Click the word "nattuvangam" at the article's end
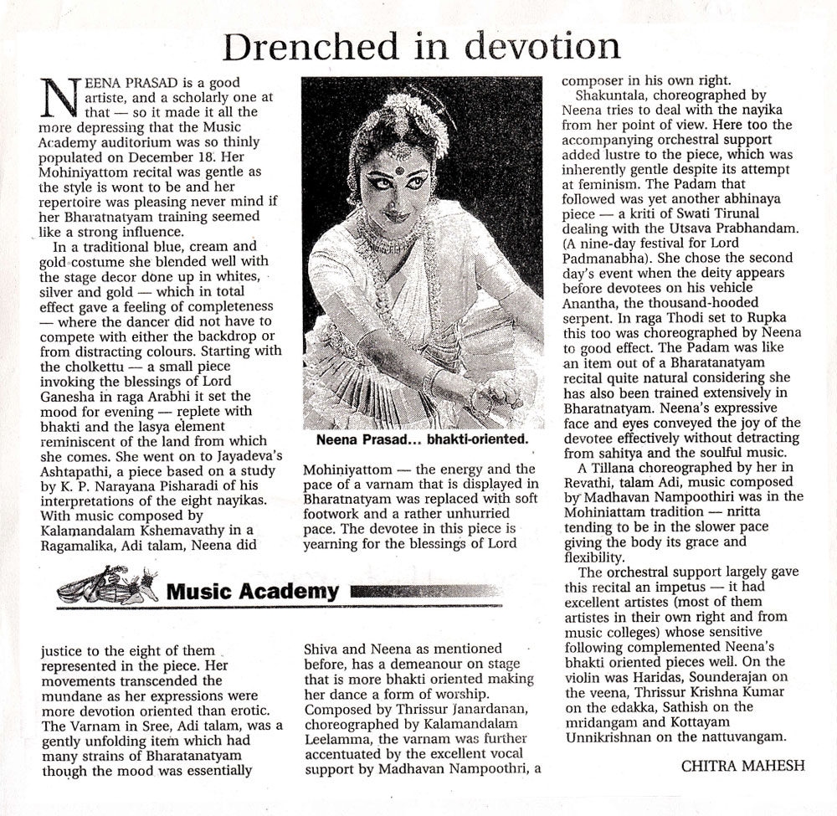(x=738, y=737)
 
